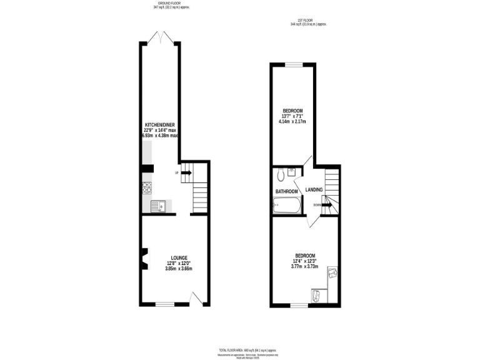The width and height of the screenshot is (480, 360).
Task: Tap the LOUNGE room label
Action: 179,257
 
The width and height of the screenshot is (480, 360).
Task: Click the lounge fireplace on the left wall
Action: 144,258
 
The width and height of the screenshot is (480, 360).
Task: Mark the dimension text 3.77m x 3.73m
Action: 304,266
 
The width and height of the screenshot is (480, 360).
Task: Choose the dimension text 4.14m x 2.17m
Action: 292,122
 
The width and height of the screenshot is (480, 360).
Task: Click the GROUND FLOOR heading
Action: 171,3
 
